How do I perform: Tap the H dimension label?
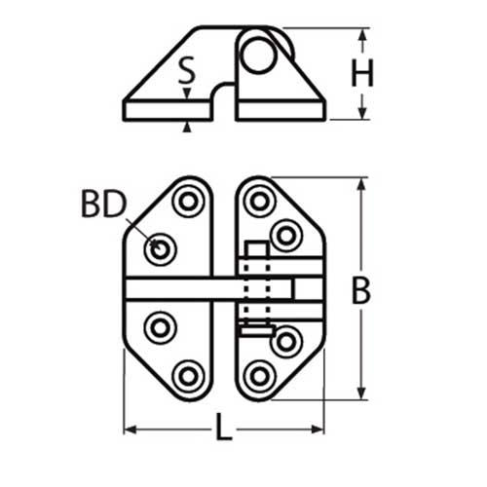(363, 74)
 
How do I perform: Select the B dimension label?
(361, 290)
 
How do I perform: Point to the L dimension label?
(224, 425)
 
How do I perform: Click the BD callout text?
(104, 205)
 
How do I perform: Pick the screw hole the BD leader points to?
(160, 250)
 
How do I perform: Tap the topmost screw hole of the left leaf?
(188, 202)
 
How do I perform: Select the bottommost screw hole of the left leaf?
(188, 375)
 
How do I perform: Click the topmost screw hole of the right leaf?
(259, 202)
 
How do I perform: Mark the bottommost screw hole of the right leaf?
(259, 375)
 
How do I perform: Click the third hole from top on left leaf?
(160, 326)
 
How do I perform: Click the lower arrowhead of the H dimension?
(363, 112)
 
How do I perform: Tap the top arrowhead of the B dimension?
(362, 185)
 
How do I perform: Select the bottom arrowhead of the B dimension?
(362, 393)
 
